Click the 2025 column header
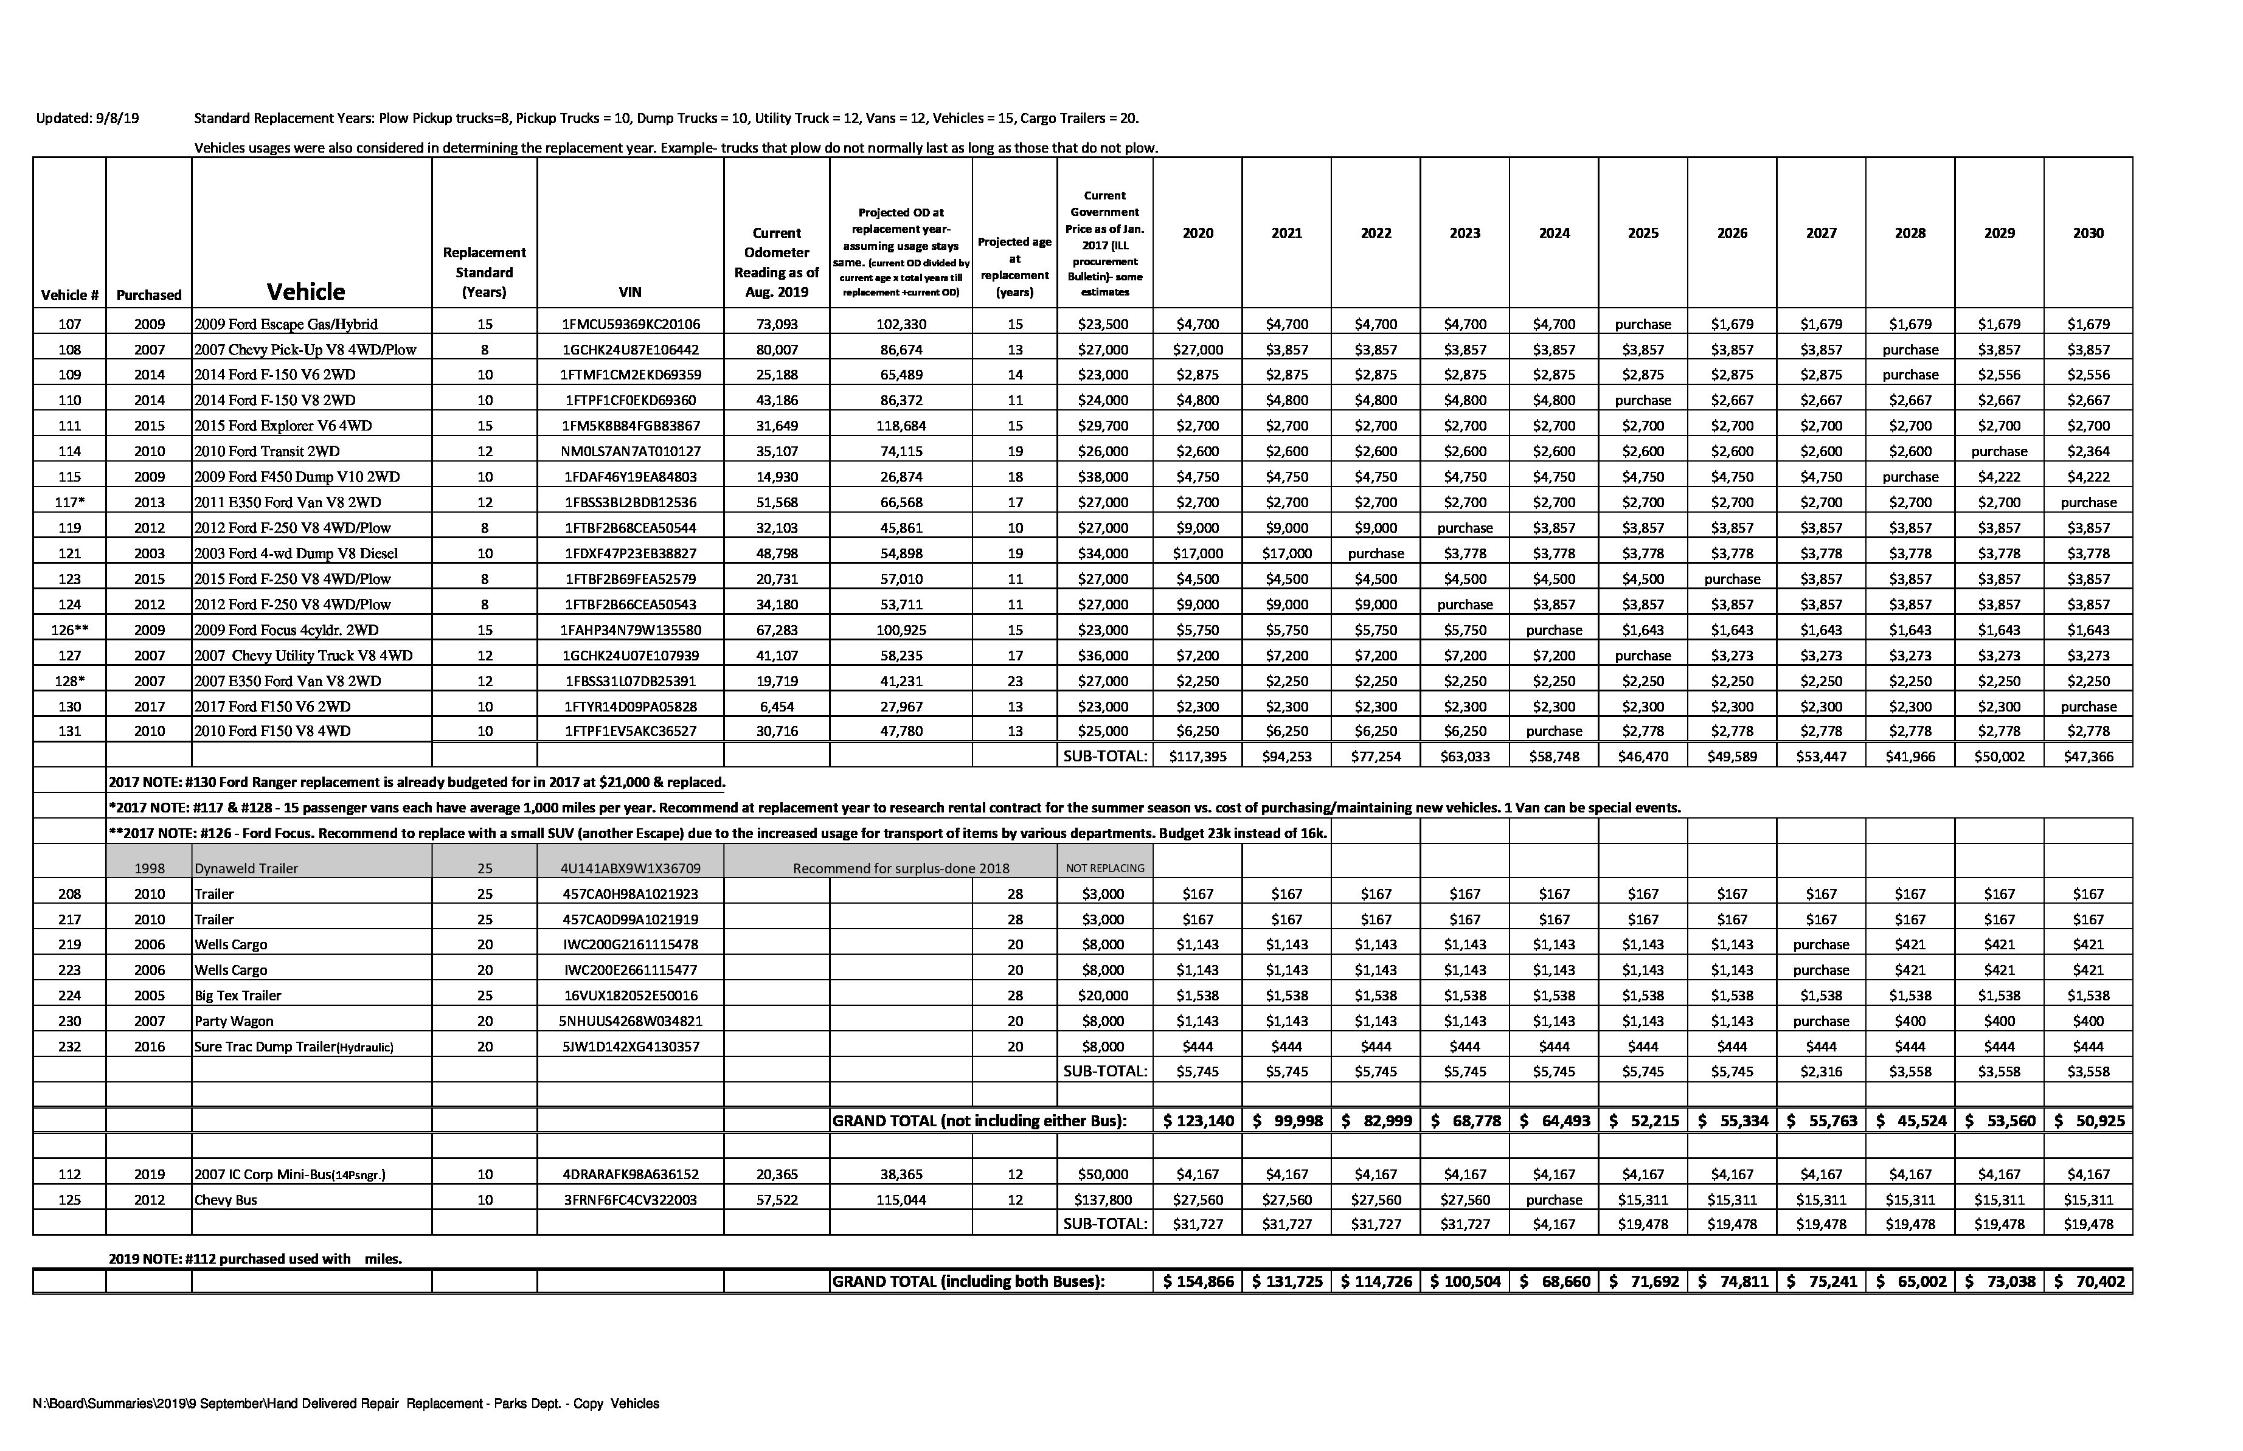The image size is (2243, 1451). [1642, 233]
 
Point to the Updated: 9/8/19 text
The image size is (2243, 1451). [87, 119]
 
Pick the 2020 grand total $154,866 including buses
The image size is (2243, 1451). [1198, 1281]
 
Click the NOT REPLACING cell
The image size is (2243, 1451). [1104, 868]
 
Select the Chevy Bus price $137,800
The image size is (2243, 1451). [1104, 1199]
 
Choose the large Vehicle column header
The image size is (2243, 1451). [305, 291]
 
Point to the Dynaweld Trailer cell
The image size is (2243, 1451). [246, 868]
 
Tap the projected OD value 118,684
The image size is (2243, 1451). [901, 426]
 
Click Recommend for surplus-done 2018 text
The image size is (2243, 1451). [901, 868]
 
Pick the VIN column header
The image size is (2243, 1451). [630, 292]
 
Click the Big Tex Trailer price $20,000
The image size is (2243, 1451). [1104, 995]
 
